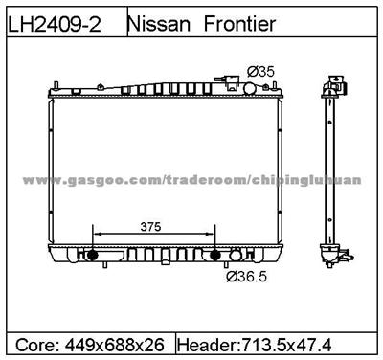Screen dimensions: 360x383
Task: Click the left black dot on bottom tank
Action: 93,256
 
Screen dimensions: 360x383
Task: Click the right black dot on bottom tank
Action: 216,256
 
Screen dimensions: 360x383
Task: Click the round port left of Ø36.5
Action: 231,257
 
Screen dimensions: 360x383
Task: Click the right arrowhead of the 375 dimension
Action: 214,236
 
